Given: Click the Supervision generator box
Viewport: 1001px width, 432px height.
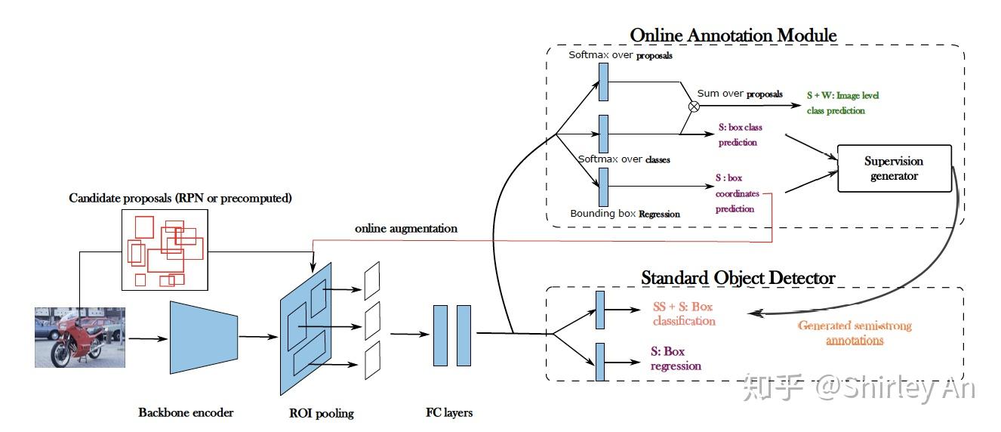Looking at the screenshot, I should (x=895, y=168).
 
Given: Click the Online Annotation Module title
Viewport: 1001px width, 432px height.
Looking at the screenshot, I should (x=733, y=35).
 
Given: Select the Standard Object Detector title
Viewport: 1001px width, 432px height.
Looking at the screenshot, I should (x=738, y=278).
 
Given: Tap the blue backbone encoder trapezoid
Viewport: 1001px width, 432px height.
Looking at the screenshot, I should (x=204, y=337).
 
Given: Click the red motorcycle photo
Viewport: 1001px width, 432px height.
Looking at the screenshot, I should (x=79, y=337).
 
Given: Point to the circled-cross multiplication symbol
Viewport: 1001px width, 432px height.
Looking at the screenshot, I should (x=694, y=106).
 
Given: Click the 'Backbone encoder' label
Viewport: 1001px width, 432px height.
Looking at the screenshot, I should (x=186, y=412).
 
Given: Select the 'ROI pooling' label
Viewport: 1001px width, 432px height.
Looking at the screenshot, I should (x=321, y=413).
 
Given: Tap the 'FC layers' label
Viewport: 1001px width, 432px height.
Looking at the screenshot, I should (x=449, y=412).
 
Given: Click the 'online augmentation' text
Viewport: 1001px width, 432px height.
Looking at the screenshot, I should (x=406, y=228).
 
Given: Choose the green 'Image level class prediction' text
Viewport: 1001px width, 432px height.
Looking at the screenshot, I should (x=842, y=103).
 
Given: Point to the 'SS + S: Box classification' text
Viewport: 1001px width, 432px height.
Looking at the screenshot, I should (x=683, y=314).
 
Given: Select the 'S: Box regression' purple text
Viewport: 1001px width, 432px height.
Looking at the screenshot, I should (x=676, y=359).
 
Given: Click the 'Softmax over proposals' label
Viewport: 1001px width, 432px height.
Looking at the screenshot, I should (x=620, y=55).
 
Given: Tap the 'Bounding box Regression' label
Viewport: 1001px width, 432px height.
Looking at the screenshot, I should (x=624, y=214).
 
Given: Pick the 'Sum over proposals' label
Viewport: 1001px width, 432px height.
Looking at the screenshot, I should (x=739, y=94).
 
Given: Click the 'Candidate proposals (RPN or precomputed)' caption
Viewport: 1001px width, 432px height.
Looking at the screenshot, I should (x=180, y=198).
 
